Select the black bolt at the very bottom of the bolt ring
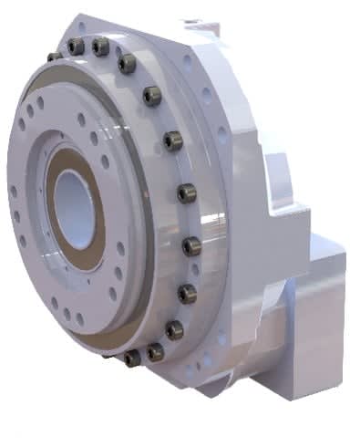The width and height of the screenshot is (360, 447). pyautogui.click(x=132, y=358)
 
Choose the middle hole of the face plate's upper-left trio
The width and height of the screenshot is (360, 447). pyautogui.click(x=42, y=104)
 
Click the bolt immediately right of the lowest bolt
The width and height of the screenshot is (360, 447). pyautogui.click(x=156, y=350)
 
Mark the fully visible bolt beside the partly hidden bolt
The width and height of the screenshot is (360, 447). pyautogui.click(x=77, y=46)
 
